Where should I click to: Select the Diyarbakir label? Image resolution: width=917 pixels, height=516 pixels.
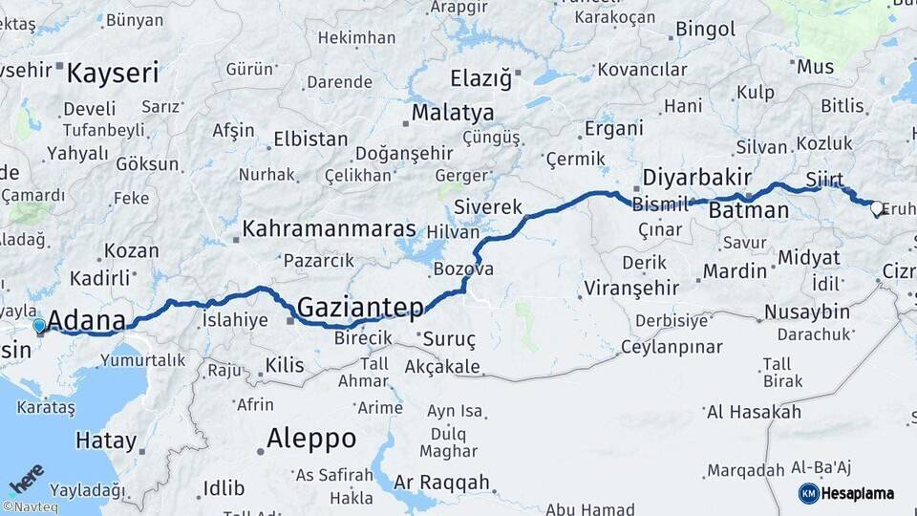(x=699, y=178)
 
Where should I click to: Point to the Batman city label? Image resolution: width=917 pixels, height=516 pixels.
(x=749, y=210)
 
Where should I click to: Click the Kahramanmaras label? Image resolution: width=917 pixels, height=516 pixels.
(x=329, y=229)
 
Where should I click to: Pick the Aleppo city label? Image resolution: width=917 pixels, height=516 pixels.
(x=311, y=439)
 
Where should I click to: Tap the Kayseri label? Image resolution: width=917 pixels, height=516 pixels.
(x=114, y=73)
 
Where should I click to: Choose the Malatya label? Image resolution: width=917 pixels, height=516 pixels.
(x=453, y=113)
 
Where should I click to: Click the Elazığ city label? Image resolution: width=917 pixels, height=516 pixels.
(x=481, y=77)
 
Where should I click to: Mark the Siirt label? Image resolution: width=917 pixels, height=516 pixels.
(x=823, y=179)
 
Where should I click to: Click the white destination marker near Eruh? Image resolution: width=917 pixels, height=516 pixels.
(x=875, y=207)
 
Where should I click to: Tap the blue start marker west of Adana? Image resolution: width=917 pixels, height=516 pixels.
(x=39, y=327)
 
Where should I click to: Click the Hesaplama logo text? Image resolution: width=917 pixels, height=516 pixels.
(x=858, y=493)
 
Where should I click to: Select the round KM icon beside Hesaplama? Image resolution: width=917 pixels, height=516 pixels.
(x=808, y=493)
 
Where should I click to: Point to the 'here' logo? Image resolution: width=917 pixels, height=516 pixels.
(x=26, y=476)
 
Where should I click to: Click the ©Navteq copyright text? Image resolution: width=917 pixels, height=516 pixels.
(x=30, y=506)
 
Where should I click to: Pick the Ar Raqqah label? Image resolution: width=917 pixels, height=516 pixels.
(x=441, y=482)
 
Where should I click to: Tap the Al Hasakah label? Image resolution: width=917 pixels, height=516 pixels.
(x=754, y=412)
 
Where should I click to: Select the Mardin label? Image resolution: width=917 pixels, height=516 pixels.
(x=735, y=271)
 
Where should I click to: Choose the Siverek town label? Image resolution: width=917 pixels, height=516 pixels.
(x=488, y=206)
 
